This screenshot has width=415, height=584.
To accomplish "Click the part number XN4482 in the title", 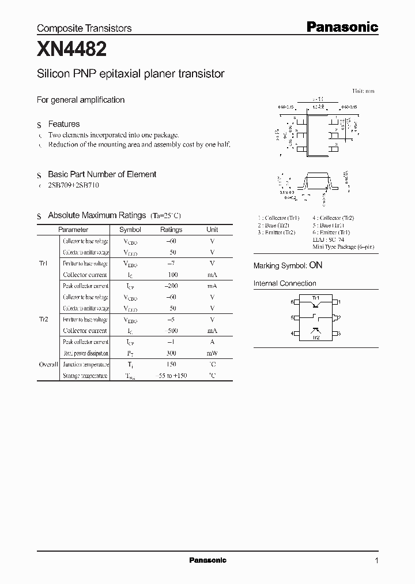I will click(x=71, y=50).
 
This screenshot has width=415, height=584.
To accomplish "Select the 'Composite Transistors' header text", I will click(x=84, y=28).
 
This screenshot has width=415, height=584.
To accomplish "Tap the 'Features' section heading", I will click(x=63, y=124).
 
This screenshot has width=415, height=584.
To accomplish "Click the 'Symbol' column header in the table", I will click(x=130, y=230).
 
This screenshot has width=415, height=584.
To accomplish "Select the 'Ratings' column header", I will click(x=171, y=230).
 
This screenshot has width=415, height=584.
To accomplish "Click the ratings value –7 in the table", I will click(x=171, y=264).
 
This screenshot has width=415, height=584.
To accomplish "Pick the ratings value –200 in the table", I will click(x=171, y=286).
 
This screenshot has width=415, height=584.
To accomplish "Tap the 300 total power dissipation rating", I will click(x=171, y=353).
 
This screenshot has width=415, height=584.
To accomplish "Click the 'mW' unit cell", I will click(x=212, y=353).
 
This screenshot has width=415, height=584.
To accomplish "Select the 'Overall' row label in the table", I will click(x=48, y=365).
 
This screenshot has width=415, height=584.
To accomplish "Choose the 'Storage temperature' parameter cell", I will click(x=85, y=376).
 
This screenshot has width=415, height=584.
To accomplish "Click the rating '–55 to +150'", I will click(x=171, y=376).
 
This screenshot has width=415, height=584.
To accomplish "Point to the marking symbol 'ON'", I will click(x=315, y=265).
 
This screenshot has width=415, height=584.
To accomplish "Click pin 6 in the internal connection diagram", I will click(x=292, y=302).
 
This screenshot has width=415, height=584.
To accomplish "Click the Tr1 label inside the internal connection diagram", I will click(x=315, y=298).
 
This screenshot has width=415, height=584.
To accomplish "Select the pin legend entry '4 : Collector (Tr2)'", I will click(x=333, y=218).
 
